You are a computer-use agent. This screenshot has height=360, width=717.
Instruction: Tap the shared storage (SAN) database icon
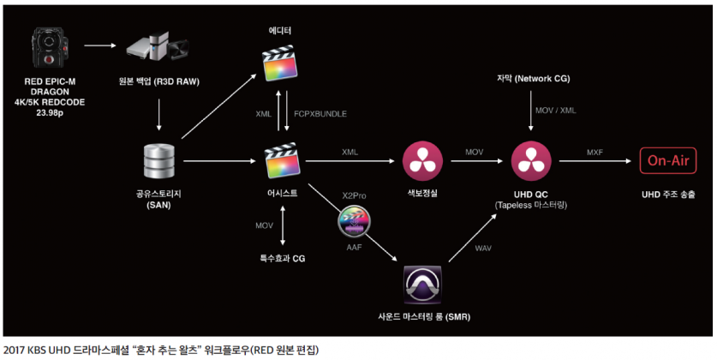coord(160,160)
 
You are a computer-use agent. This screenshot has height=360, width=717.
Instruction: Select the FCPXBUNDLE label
coord(320,113)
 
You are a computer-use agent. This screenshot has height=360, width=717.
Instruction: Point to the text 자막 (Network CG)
coord(532,79)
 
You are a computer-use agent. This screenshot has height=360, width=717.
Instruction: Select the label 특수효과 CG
coord(282,257)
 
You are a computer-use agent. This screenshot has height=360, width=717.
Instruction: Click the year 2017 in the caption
coord(15,349)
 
